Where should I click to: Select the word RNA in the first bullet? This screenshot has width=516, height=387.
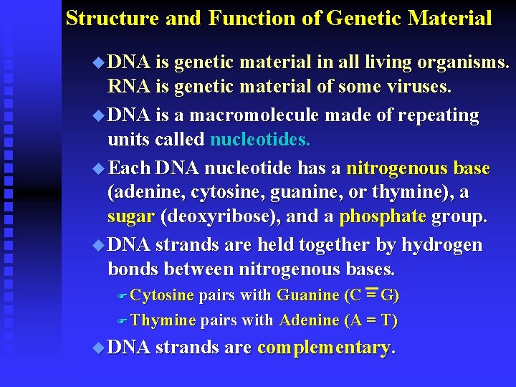pyautogui.click(x=128, y=87)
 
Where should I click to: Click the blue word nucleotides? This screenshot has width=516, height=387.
pyautogui.click(x=260, y=139)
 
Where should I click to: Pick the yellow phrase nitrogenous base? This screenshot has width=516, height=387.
pyautogui.click(x=418, y=168)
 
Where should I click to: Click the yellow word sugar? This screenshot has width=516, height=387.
pyautogui.click(x=131, y=216)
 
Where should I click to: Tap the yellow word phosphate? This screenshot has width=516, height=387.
pyautogui.click(x=383, y=216)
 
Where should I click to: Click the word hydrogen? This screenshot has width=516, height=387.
pyautogui.click(x=441, y=245)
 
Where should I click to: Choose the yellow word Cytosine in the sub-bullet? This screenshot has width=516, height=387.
pyautogui.click(x=163, y=295)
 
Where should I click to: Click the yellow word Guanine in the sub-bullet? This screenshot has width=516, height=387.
pyautogui.click(x=308, y=295)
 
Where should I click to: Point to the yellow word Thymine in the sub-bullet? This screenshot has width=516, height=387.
pyautogui.click(x=163, y=320)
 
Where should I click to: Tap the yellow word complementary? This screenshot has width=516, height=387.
pyautogui.click(x=324, y=348)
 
